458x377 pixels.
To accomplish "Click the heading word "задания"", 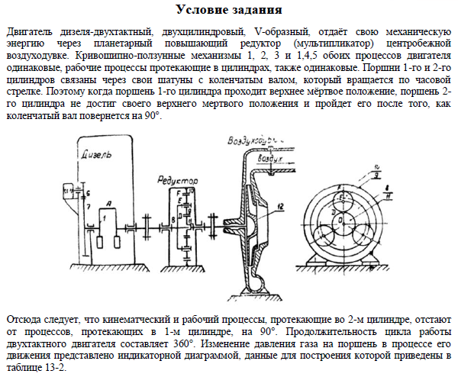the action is [257, 10].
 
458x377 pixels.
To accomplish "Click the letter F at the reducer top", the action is [178, 192].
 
